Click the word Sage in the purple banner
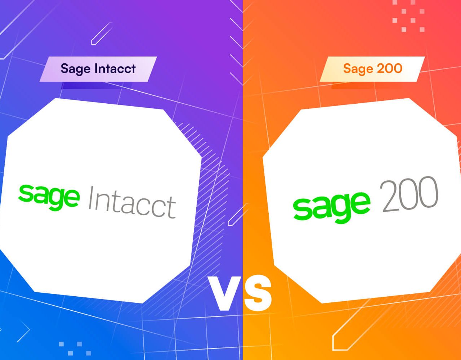(76, 69)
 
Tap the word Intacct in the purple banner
(115, 68)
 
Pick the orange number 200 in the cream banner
(389, 68)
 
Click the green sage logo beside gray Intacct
(49, 197)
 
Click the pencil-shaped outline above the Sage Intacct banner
(102, 33)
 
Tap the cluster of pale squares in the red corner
(408, 16)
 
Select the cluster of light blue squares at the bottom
(75, 348)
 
